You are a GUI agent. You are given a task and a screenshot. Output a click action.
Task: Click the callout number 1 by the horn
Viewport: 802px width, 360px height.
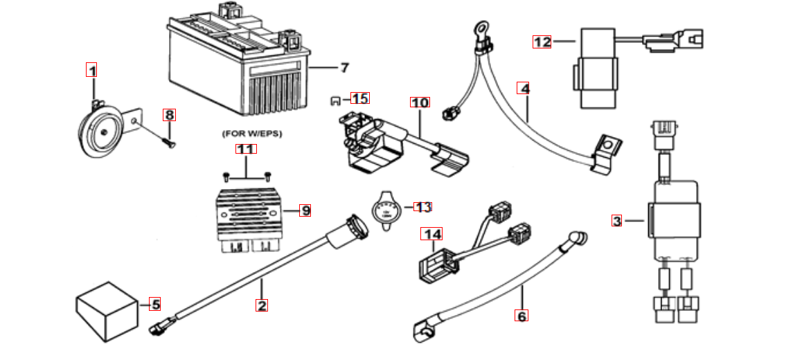(x=91, y=70)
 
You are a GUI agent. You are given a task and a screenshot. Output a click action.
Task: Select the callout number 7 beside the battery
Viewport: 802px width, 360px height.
(x=344, y=68)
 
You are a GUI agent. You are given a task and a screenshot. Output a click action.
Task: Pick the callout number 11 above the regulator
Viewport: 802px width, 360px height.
(x=246, y=149)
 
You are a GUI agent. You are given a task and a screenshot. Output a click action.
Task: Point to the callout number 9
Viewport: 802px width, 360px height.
(x=305, y=210)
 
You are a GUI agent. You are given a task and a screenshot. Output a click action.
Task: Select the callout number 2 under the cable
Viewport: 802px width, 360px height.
(x=261, y=305)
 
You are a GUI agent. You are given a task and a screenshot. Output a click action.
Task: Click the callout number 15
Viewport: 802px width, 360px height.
(x=359, y=98)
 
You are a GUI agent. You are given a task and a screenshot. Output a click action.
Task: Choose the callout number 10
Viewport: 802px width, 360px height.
(x=420, y=102)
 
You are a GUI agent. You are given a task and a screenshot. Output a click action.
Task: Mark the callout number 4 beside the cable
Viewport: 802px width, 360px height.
(x=525, y=89)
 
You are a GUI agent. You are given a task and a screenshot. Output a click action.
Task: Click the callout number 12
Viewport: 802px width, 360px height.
(x=542, y=42)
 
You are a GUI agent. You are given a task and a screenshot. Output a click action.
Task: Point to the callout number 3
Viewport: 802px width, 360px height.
(x=617, y=222)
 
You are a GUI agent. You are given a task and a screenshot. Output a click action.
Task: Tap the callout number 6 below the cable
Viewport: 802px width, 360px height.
(x=522, y=316)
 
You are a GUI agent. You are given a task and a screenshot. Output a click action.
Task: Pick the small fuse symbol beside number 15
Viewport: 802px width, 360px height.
(x=336, y=100)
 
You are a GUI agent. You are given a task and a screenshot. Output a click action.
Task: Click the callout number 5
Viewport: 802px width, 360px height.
(x=156, y=303)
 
